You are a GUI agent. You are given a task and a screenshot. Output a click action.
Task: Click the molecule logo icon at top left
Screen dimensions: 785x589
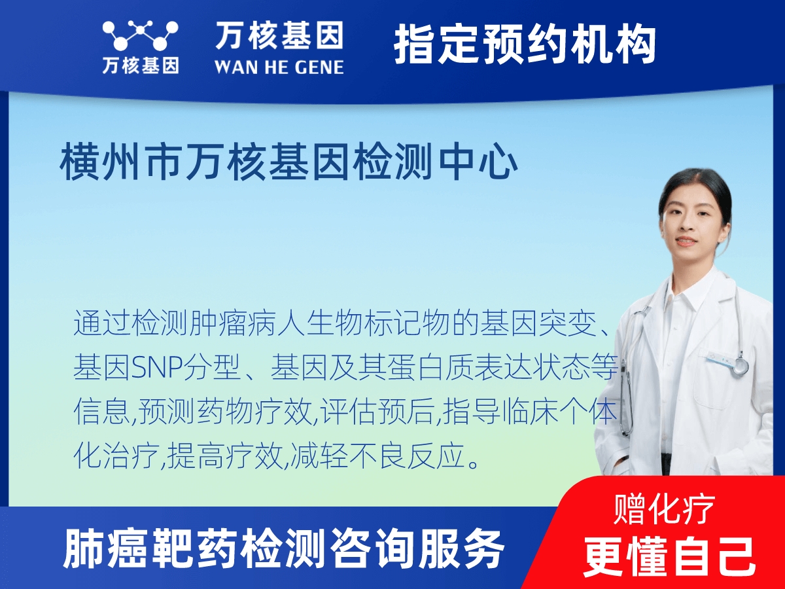tap(141, 35)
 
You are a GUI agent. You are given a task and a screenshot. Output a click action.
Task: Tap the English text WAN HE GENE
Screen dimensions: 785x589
tap(279, 67)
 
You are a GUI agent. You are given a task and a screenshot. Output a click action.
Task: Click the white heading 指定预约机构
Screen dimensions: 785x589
tap(525, 45)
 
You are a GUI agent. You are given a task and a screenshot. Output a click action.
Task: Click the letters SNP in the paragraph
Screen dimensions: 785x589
tap(155, 368)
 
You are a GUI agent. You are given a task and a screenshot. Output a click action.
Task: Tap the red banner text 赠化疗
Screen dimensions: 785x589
tap(664, 509)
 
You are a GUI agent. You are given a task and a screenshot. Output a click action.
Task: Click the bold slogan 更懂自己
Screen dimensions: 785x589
tap(669, 558)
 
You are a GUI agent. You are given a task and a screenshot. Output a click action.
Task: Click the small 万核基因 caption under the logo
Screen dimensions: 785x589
tap(141, 66)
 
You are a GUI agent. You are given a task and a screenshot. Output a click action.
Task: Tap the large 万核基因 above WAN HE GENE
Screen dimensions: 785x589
tap(279, 35)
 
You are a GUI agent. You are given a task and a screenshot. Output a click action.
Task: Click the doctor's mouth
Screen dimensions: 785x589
tap(686, 240)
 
